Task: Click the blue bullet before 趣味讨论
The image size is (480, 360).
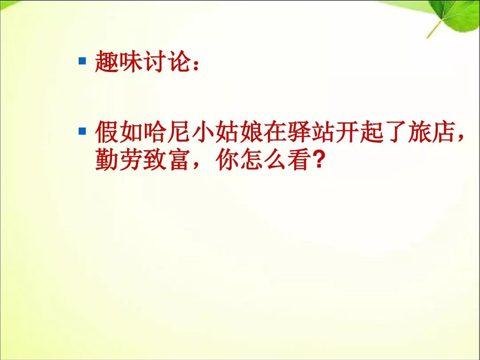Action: point(82,60)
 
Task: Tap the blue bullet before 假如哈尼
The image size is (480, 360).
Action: point(82,131)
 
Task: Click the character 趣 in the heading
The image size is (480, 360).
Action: point(107,61)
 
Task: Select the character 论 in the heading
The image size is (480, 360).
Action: point(180,61)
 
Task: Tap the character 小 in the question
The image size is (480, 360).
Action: point(204,132)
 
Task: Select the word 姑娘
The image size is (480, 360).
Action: point(240,132)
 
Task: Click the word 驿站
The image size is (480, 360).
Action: point(312,132)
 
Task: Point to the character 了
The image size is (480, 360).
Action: point(396,132)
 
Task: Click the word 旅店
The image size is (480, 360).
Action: point(432,132)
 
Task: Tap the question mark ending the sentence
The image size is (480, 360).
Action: point(318,160)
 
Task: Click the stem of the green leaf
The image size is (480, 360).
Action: point(435,28)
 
